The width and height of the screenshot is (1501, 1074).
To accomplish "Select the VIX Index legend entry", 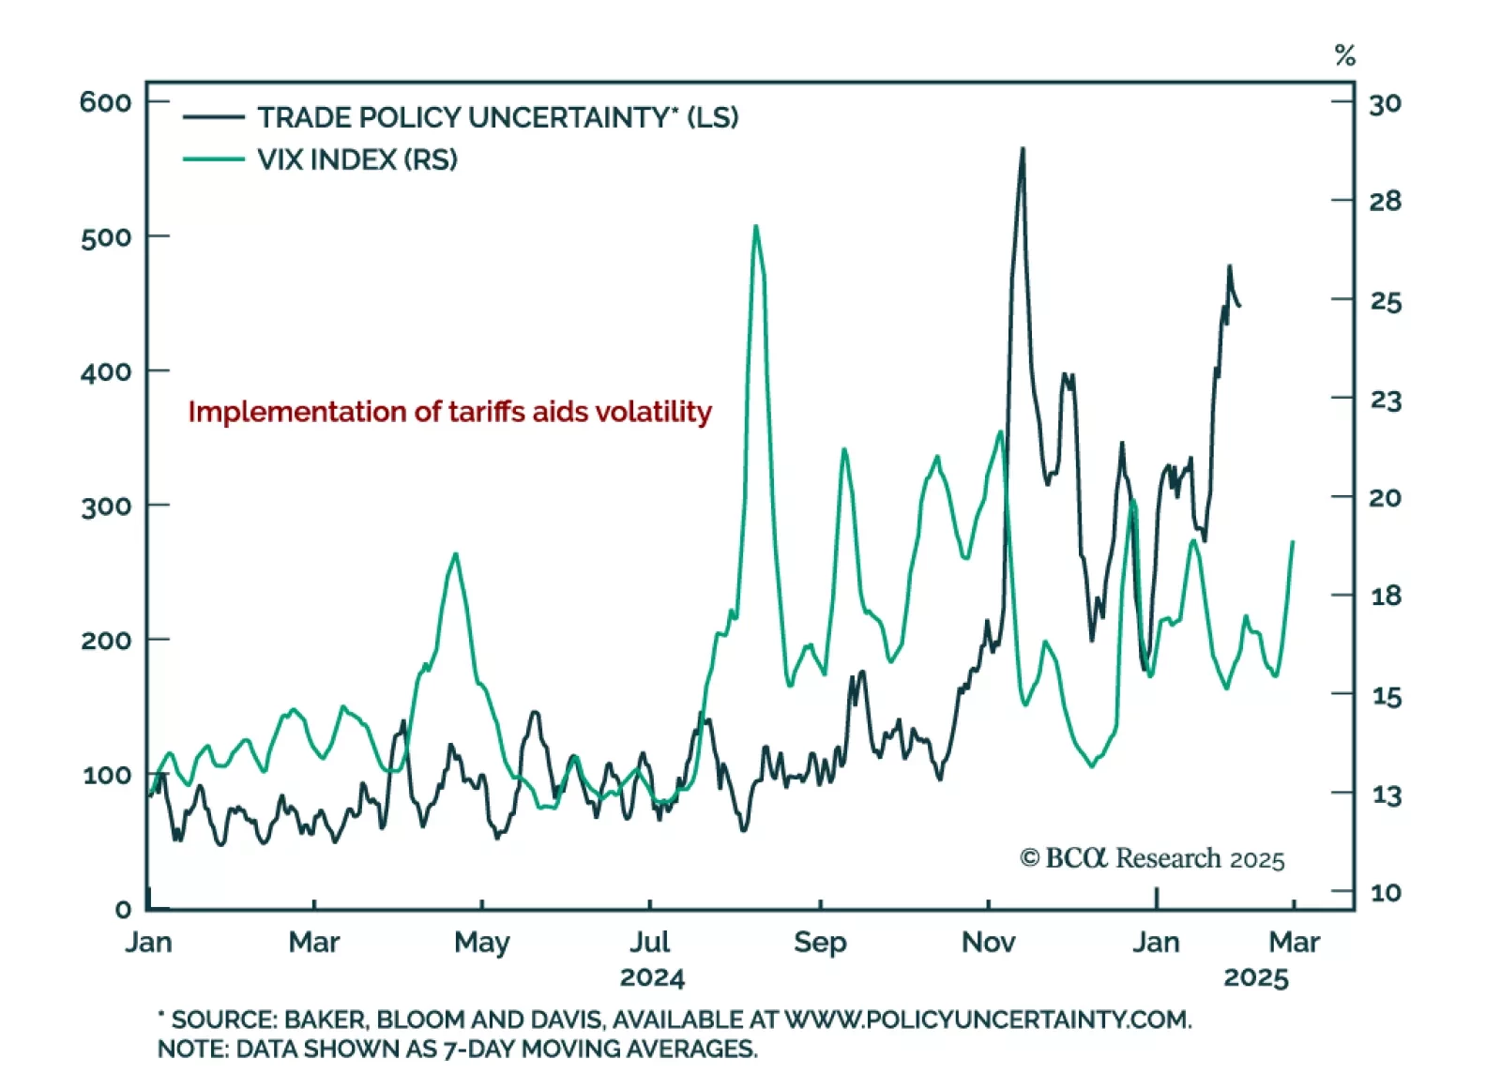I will tap(356, 159).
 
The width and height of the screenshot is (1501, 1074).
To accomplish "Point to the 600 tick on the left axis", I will tap(105, 101).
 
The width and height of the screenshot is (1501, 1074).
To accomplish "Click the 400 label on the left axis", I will tap(105, 371).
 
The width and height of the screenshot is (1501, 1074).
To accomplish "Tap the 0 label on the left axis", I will tap(123, 908).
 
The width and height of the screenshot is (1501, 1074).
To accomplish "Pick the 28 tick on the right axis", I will tap(1385, 201).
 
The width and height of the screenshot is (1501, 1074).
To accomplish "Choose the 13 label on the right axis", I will tap(1386, 795).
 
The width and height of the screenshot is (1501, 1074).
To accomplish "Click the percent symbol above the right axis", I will tap(1345, 56).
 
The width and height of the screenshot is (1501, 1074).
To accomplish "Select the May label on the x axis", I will tap(481, 942).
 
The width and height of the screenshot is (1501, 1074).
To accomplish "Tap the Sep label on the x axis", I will tap(820, 942).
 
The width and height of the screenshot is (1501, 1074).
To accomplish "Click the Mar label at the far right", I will tap(1295, 942).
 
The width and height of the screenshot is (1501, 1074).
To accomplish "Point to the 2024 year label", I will tap(652, 978).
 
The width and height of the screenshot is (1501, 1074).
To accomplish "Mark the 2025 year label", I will tap(1256, 978).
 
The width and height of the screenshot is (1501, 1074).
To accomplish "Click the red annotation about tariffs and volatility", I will tap(449, 412).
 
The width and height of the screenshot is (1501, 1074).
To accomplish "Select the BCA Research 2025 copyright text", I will tap(1152, 858).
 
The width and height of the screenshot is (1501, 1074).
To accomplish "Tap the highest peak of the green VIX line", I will tap(756, 226).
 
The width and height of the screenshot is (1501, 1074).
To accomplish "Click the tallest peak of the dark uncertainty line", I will tap(1023, 148).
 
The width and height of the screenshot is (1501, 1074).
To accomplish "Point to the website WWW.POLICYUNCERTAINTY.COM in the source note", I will tap(987, 1020).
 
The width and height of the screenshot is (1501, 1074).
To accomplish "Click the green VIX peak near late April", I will tap(456, 553).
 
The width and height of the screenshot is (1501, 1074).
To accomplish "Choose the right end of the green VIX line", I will tap(1293, 541).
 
